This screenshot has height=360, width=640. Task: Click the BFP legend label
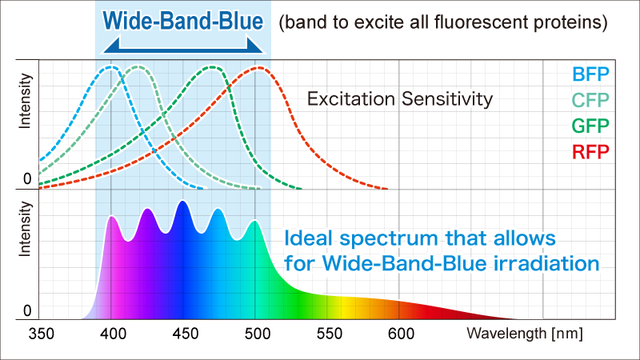coord(590,75)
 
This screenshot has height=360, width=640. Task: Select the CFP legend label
coord(590,101)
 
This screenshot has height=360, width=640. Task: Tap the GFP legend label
coord(590,126)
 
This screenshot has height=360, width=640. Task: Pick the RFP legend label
coord(590,152)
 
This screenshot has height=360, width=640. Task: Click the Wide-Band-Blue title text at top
coord(182,18)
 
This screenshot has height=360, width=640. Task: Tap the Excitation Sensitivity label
coord(400,99)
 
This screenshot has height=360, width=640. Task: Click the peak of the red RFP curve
coord(258,67)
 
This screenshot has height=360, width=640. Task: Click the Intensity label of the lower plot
coord(26,228)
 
